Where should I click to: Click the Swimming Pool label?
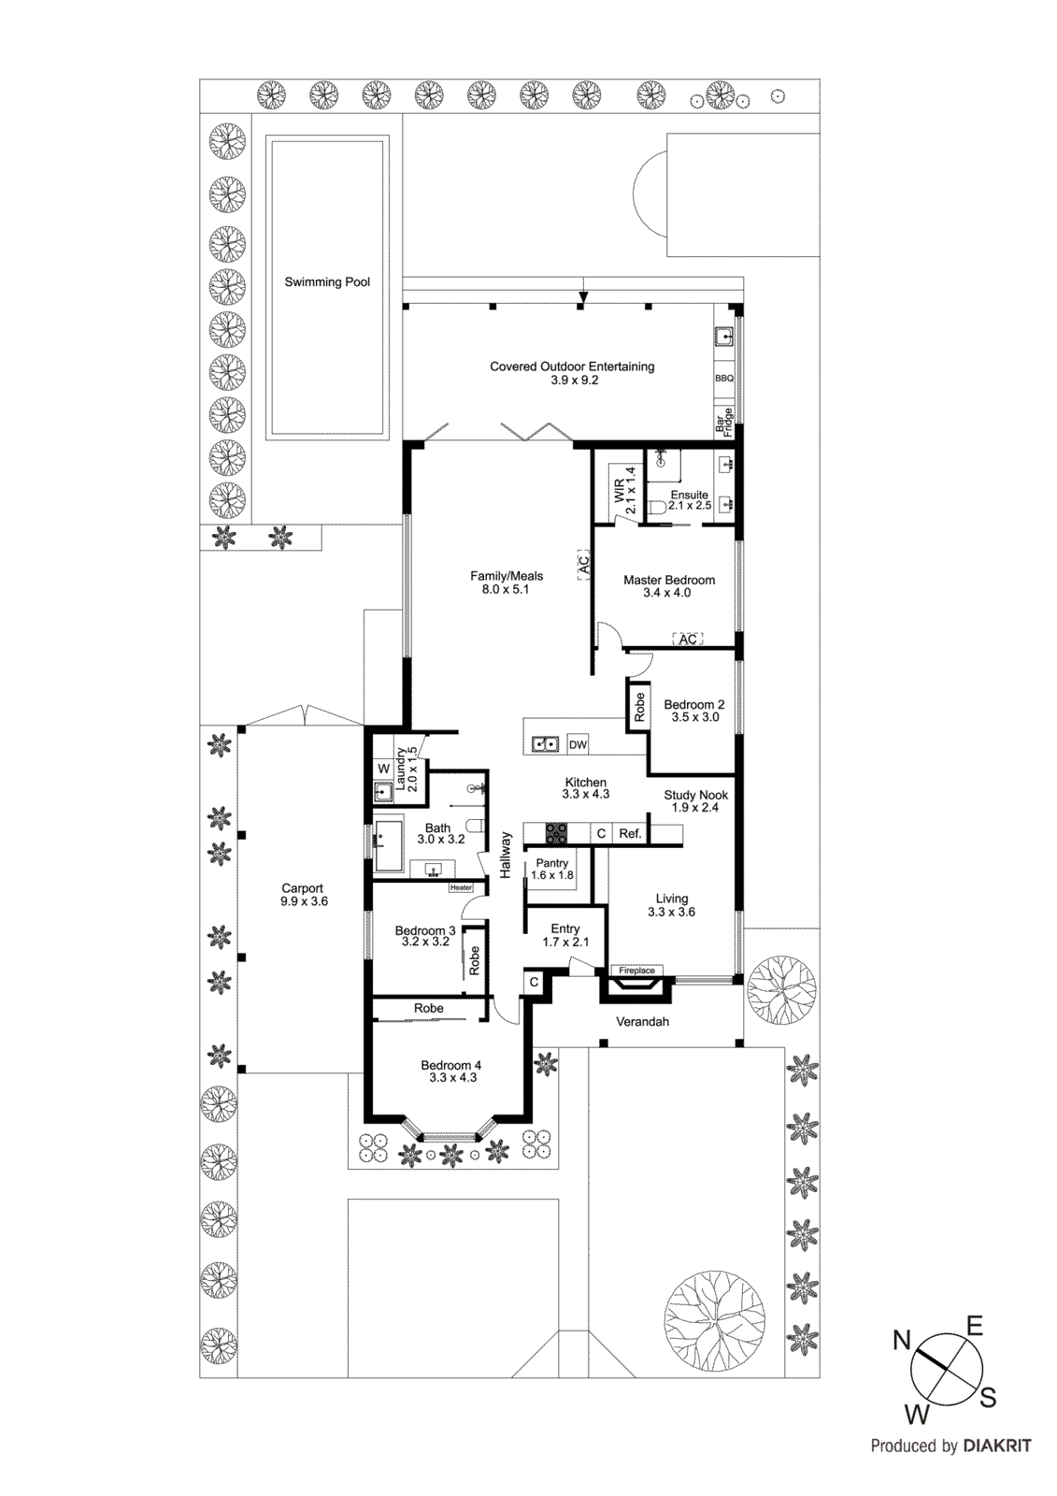pyautogui.click(x=327, y=281)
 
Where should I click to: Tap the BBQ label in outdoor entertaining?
pyautogui.click(x=723, y=379)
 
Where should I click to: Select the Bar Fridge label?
pyautogui.click(x=724, y=422)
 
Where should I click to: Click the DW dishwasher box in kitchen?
pyautogui.click(x=578, y=744)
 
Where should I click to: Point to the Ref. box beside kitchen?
pyautogui.click(x=630, y=833)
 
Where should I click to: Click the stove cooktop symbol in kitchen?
pyautogui.click(x=556, y=832)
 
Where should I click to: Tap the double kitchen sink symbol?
pyautogui.click(x=545, y=744)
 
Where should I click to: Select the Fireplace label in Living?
pyautogui.click(x=636, y=971)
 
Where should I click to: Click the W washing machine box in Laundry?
pyautogui.click(x=383, y=769)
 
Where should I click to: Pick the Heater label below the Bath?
pyautogui.click(x=462, y=887)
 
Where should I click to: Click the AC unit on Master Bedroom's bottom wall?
pyautogui.click(x=688, y=640)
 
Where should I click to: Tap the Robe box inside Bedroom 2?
pyautogui.click(x=639, y=707)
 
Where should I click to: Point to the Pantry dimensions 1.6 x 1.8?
pyautogui.click(x=552, y=876)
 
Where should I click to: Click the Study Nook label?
pyautogui.click(x=695, y=795)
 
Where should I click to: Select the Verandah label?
pyautogui.click(x=642, y=1022)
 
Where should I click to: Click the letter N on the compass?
pyautogui.click(x=901, y=1340)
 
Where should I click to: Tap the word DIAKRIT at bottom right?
pyautogui.click(x=996, y=1446)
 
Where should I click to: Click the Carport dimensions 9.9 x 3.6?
pyautogui.click(x=304, y=901)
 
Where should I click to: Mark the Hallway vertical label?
pyautogui.click(x=506, y=855)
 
